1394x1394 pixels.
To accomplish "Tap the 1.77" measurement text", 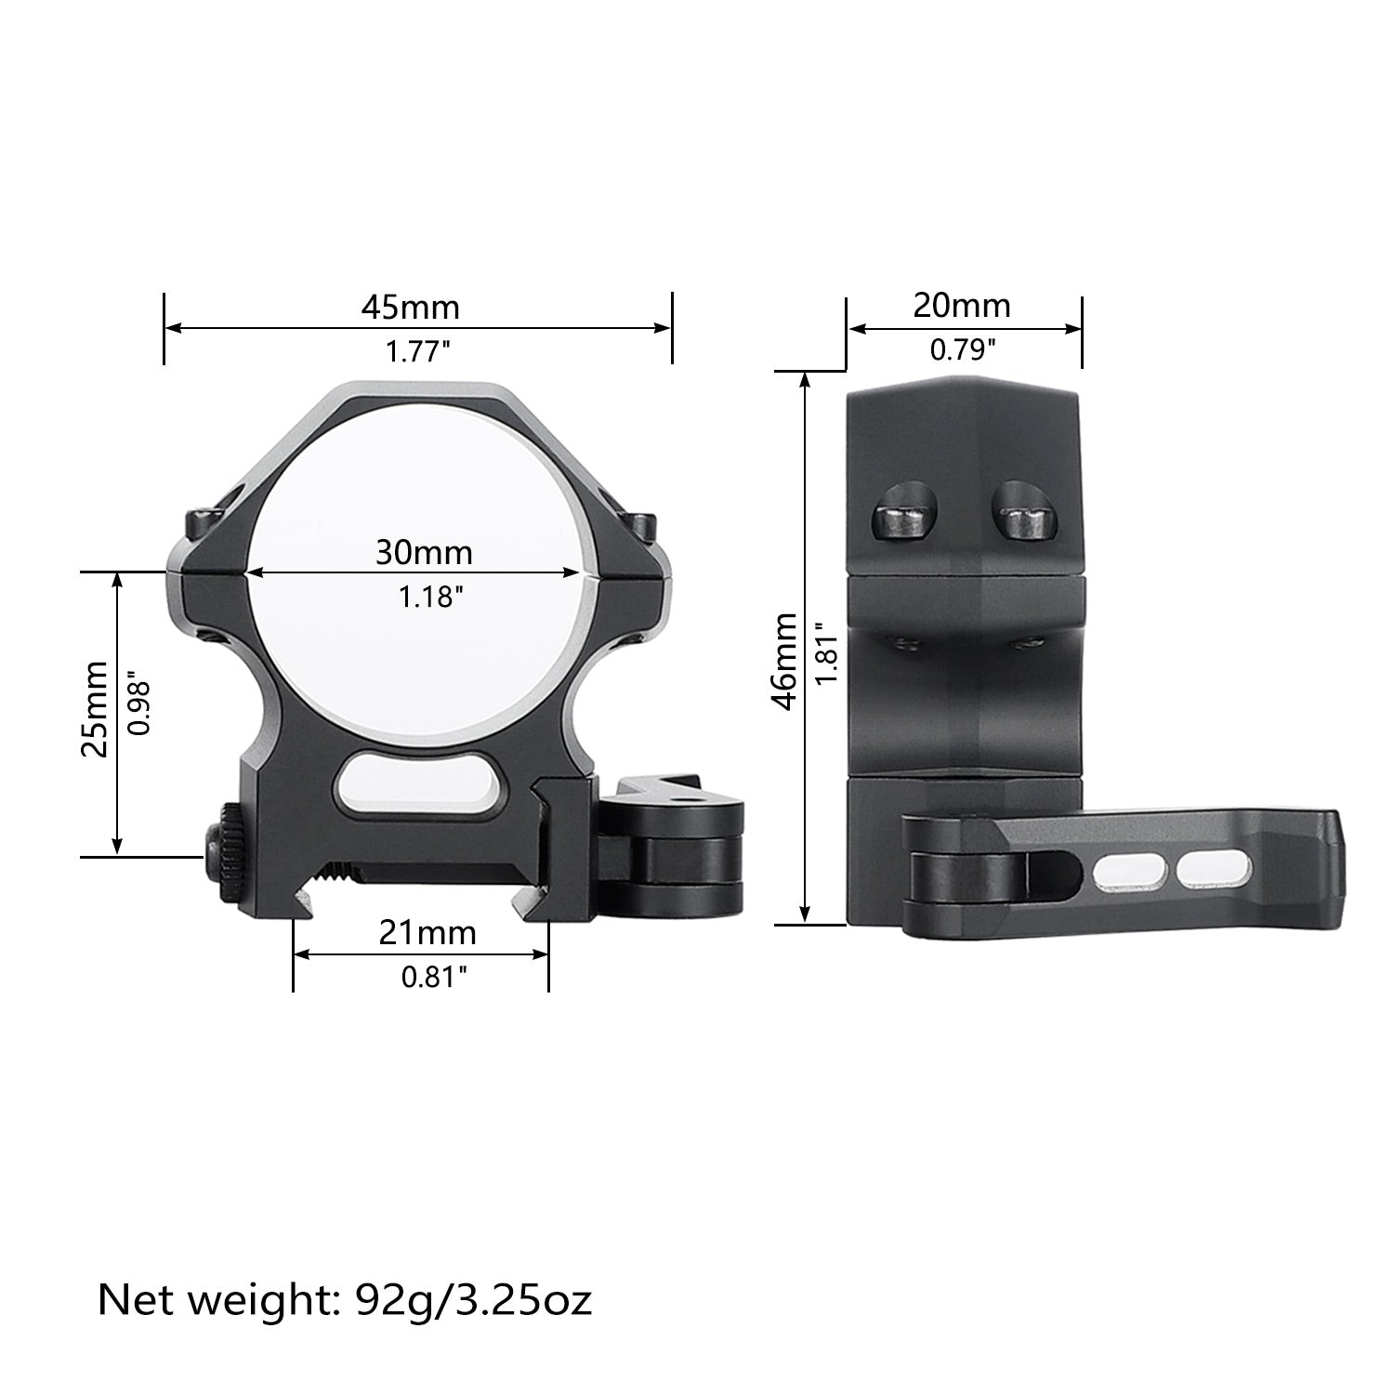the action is click(418, 352).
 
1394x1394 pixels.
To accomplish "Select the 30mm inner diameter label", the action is click(424, 553).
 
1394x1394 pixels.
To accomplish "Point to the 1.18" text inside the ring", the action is click(430, 597).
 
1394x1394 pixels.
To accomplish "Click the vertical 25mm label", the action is click(94, 709).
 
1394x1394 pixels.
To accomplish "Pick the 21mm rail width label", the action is click(427, 932).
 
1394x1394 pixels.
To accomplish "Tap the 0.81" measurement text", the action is click(433, 977).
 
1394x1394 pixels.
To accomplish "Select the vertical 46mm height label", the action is click(786, 661).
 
